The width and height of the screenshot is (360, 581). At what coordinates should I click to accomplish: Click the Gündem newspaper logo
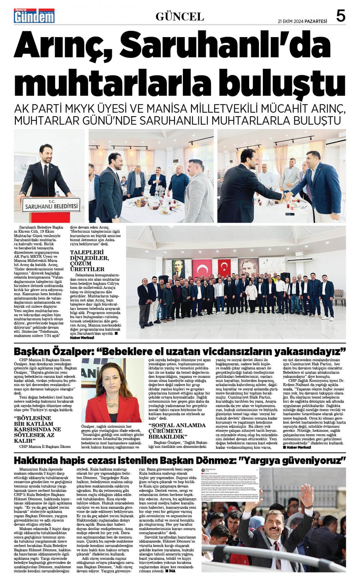pyautogui.click(x=34, y=16)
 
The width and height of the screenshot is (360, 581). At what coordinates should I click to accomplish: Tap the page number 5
pyautogui.click(x=341, y=16)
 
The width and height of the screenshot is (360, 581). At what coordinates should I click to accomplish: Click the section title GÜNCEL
pyautogui.click(x=180, y=17)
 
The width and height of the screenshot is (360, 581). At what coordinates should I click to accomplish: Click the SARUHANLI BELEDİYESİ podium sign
pyautogui.click(x=51, y=206)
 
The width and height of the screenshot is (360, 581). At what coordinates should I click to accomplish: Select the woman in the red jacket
pyautogui.click(x=112, y=396)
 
